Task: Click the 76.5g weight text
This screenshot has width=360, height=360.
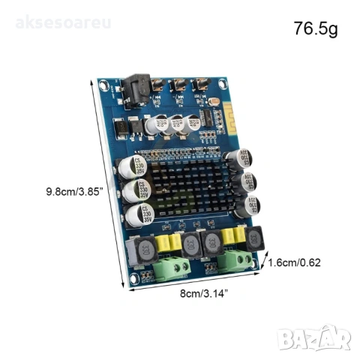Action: click(316, 30)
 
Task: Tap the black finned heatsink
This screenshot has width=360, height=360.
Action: click(196, 184)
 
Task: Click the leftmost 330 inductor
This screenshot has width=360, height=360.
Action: click(145, 252)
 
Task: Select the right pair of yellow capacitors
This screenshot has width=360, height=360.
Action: click(233, 238)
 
